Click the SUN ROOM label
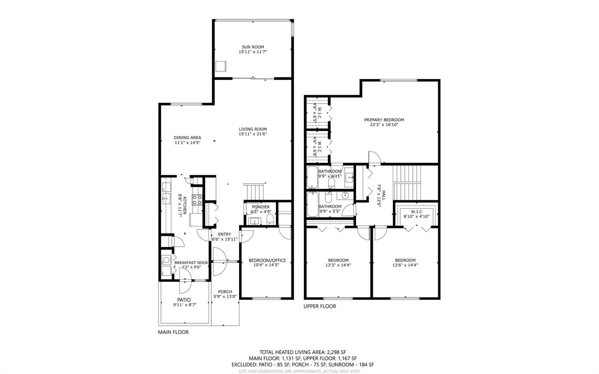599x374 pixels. tap(253, 47)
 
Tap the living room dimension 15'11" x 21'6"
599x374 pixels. tap(253, 134)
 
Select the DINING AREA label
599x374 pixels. tap(187, 138)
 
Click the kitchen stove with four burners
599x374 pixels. tap(197, 200)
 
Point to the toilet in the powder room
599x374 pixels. tap(270, 219)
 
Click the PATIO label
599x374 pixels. tap(184, 300)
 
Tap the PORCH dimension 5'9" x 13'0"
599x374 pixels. tap(225, 297)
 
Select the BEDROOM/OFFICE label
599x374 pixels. tap(267, 260)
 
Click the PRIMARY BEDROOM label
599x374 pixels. tap(384, 120)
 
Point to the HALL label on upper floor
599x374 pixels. tap(384, 196)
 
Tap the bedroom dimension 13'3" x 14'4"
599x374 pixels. tap(338, 265)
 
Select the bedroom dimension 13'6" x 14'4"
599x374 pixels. tap(405, 265)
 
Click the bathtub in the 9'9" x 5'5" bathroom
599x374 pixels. tap(312, 205)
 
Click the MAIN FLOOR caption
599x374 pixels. tap(173, 332)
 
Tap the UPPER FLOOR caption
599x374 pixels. tap(320, 306)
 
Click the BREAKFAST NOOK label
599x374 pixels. tap(191, 263)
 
